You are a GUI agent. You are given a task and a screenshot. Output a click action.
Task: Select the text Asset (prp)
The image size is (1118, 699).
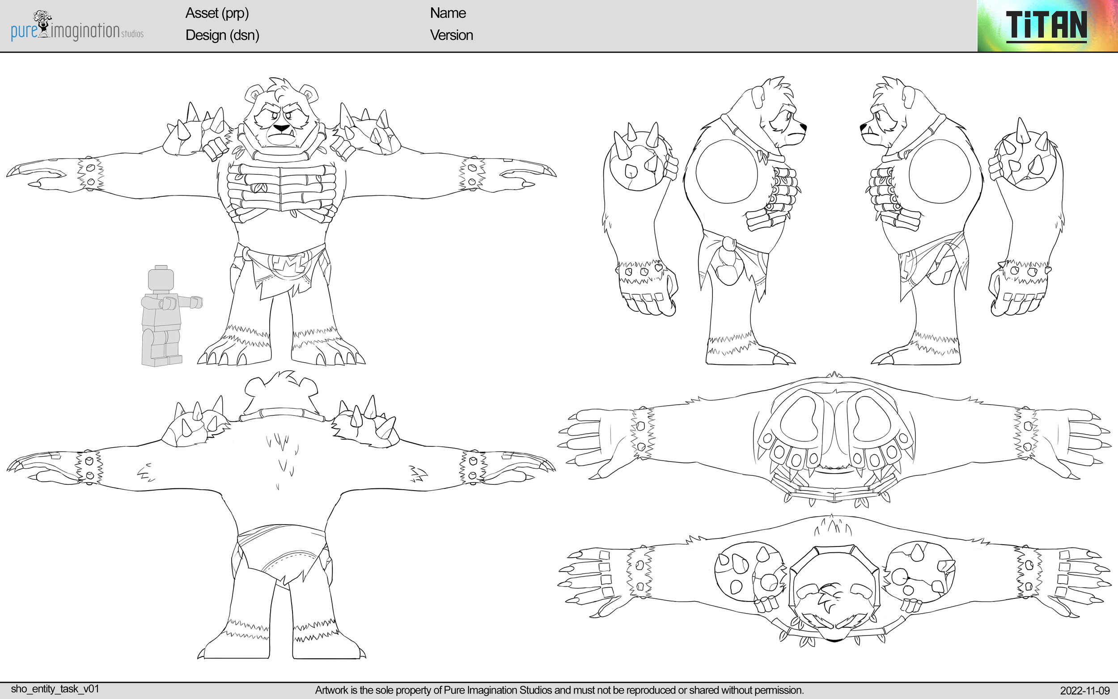pyautogui.click(x=217, y=13)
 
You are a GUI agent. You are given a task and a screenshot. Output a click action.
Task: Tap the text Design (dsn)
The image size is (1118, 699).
pyautogui.click(x=222, y=35)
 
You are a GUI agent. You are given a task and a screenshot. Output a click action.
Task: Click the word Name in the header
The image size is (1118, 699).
pyautogui.click(x=447, y=13)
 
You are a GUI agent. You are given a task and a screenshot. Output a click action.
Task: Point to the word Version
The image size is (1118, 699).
pyautogui.click(x=451, y=35)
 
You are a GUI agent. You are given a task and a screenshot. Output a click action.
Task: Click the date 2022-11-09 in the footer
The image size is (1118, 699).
pyautogui.click(x=1084, y=691)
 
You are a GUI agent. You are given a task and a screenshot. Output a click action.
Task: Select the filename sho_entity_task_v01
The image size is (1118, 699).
pyautogui.click(x=55, y=689)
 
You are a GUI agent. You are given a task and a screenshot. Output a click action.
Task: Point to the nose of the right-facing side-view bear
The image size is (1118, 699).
pyautogui.click(x=803, y=126)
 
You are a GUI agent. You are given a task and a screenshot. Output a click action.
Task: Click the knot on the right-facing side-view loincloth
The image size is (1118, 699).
pyautogui.click(x=729, y=244)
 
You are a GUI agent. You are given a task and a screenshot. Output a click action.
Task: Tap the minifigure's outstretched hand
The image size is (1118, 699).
pyautogui.click(x=196, y=302)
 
